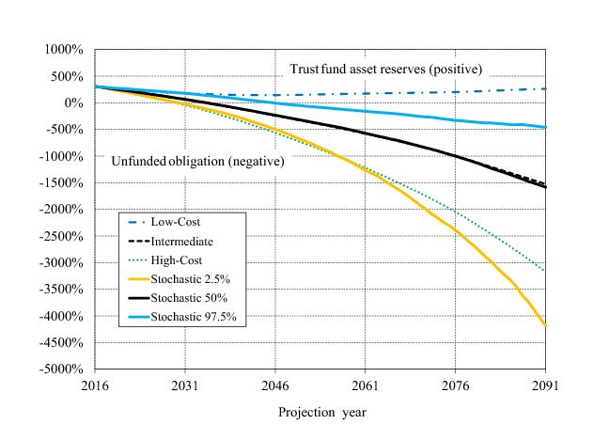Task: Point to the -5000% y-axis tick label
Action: [x=63, y=369]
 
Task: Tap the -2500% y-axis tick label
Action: [x=63, y=236]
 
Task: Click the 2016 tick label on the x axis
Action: [x=96, y=385]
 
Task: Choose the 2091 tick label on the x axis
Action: [x=545, y=385]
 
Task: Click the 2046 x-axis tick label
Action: [x=275, y=385]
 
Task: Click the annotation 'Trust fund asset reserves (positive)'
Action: [x=384, y=70]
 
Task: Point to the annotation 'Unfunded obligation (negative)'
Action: [x=198, y=160]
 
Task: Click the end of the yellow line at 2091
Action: [x=545, y=325]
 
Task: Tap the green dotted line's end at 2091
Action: [x=545, y=271]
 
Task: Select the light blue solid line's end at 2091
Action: [x=545, y=127]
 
